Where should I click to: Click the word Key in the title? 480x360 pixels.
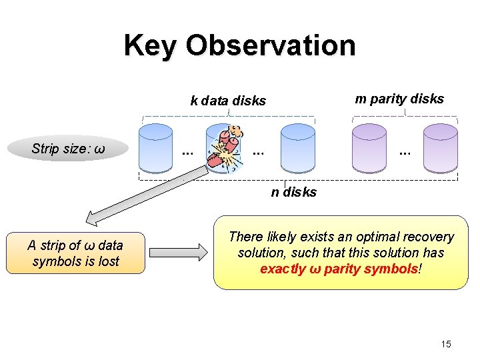tap(151, 45)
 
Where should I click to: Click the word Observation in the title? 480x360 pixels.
tap(271, 45)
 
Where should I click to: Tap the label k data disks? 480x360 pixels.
tap(228, 101)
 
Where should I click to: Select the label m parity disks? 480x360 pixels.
tap(399, 99)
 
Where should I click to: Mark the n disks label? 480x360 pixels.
tap(293, 193)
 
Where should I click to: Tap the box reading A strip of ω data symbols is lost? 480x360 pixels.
tap(75, 253)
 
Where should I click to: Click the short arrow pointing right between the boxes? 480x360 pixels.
tap(179, 252)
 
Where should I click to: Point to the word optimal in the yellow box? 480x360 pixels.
tap(381, 237)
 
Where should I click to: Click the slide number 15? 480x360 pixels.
tap(445, 344)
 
